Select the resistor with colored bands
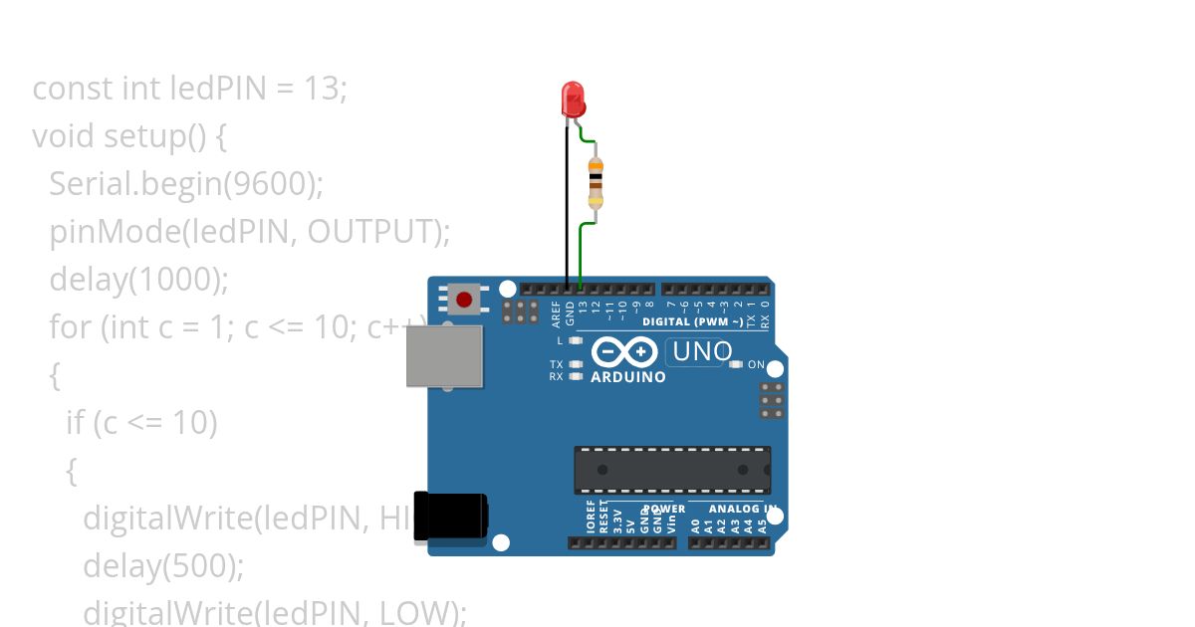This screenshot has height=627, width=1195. click(x=596, y=182)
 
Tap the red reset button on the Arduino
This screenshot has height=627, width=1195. click(x=463, y=298)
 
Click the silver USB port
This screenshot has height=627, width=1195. click(x=444, y=355)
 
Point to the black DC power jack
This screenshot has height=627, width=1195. click(x=450, y=518)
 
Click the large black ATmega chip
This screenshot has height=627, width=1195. click(x=672, y=470)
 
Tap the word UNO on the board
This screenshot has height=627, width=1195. click(x=702, y=351)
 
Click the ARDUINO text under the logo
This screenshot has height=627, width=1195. click(x=628, y=377)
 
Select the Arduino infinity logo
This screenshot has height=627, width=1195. click(x=623, y=352)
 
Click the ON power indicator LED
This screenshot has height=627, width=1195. click(x=736, y=364)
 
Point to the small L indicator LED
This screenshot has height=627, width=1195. click(x=576, y=340)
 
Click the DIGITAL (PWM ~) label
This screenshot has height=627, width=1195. click(x=692, y=321)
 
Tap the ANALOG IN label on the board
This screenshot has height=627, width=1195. click(x=741, y=509)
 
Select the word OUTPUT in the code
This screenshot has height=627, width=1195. click(x=372, y=231)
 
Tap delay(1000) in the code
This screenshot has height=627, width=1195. click(x=139, y=279)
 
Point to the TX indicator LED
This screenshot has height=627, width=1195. click(x=576, y=364)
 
